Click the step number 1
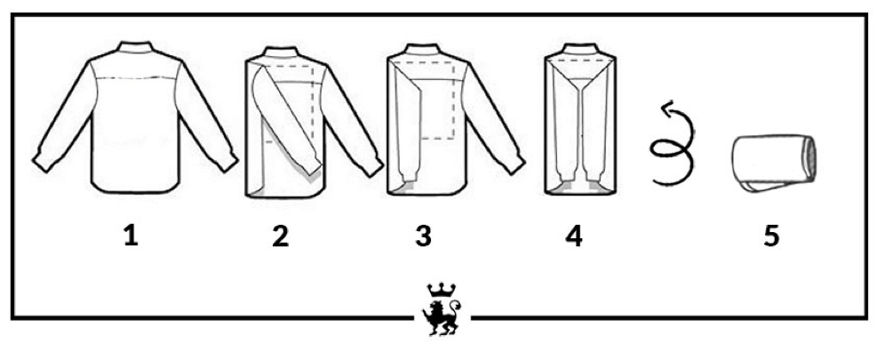[131, 236]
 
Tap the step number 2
[280, 236]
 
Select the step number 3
[423, 236]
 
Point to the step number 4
[573, 236]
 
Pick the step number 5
[771, 236]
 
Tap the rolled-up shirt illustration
[774, 163]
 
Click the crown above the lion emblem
[442, 291]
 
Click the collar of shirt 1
[135, 47]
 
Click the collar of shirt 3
[423, 50]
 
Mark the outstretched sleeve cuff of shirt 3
[514, 163]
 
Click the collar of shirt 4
[580, 49]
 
